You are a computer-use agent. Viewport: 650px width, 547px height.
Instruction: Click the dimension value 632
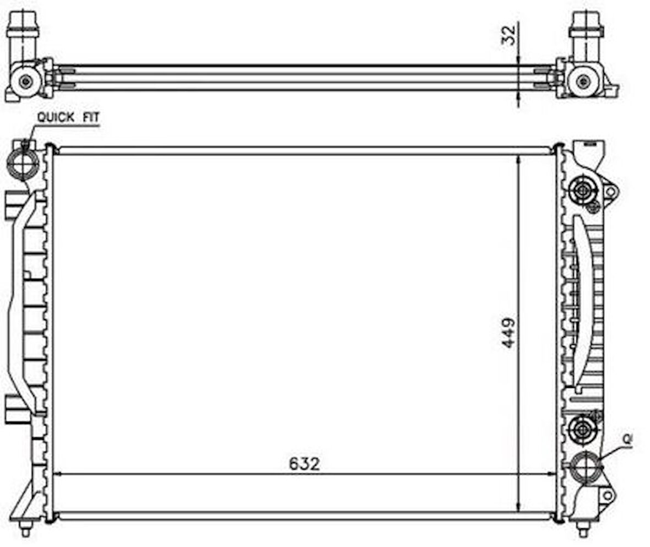point(304,464)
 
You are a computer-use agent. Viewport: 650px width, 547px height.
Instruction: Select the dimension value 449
point(508,332)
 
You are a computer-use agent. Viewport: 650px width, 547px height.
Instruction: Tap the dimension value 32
point(511,35)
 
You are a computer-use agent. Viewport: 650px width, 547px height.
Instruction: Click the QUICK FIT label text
point(68,117)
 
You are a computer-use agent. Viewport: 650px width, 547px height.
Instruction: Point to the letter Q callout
point(626,438)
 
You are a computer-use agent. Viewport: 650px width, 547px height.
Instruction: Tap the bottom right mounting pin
point(582,527)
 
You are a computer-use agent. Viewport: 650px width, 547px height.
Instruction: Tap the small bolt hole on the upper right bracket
point(610,192)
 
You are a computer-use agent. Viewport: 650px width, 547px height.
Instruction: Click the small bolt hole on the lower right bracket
point(607,495)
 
